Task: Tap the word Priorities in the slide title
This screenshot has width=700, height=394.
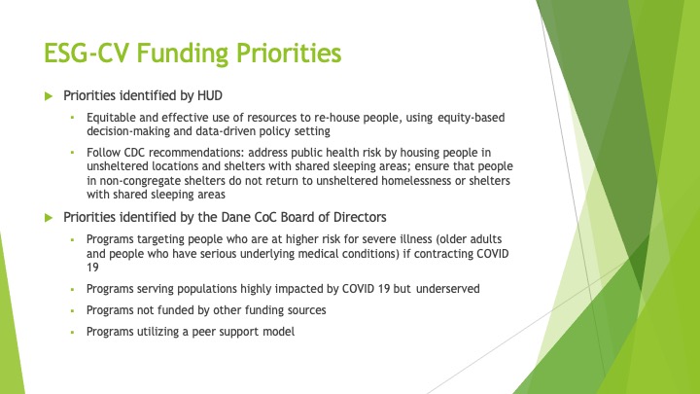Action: pos(289,53)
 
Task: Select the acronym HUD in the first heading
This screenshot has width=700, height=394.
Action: pos(210,95)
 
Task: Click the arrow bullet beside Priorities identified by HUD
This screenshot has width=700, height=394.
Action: pos(49,96)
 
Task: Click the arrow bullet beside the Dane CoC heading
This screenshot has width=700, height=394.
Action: pos(49,218)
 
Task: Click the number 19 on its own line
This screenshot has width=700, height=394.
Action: pos(92,268)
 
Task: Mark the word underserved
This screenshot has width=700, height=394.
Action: pos(448,289)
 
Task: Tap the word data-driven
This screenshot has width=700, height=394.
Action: pos(221,131)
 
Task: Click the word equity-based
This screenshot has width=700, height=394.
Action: pos(471,118)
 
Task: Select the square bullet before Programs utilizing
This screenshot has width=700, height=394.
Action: pos(72,332)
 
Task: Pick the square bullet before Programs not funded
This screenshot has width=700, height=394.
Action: pos(72,310)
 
